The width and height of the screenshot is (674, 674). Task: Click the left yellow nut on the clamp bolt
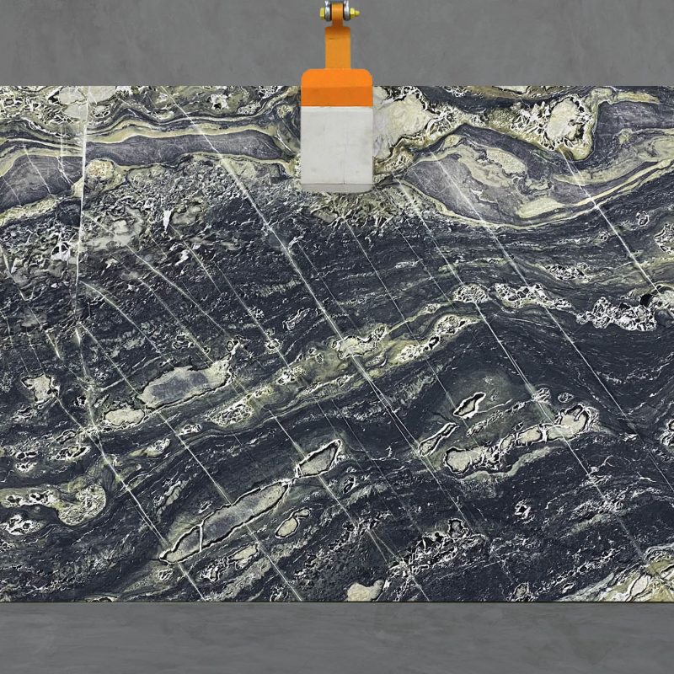tap(324, 11)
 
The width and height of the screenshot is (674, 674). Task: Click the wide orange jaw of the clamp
tap(337, 87)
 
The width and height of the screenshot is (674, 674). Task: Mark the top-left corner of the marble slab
tap(1, 87)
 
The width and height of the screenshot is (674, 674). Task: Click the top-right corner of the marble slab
tap(672, 87)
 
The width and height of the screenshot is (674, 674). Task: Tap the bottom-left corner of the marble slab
tap(1, 601)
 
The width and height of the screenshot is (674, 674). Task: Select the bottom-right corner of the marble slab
tap(672, 601)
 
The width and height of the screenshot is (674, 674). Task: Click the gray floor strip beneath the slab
tap(337, 638)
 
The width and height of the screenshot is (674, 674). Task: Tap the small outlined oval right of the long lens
tap(292, 523)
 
